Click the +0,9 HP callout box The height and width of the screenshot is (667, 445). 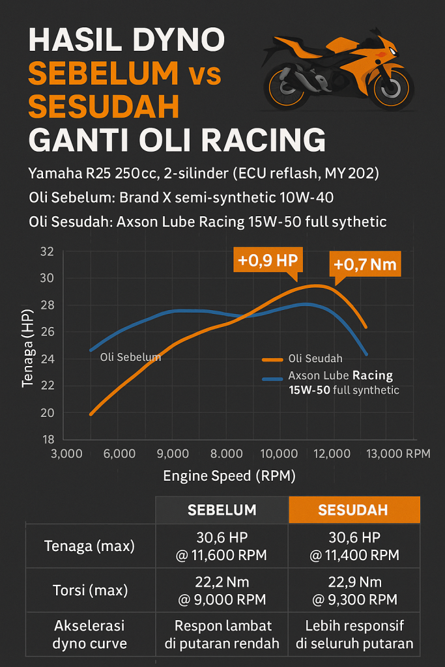[x=267, y=261]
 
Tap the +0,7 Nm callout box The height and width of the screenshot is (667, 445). [x=364, y=264]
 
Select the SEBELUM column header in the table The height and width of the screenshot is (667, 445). [x=222, y=509]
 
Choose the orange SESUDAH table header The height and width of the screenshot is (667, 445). [x=354, y=509]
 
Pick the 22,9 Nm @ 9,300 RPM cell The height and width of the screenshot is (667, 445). [x=354, y=591]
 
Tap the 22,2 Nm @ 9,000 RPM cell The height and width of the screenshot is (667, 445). [x=222, y=591]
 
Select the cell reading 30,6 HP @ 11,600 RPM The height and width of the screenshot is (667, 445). [x=222, y=546]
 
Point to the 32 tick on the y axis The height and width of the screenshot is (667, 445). [x=47, y=251]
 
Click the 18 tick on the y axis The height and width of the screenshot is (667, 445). [x=47, y=440]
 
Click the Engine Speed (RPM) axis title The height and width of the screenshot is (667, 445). [x=229, y=476]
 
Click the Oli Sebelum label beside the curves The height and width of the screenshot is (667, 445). [x=130, y=358]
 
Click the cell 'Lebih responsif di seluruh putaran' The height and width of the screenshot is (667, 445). [x=354, y=634]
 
